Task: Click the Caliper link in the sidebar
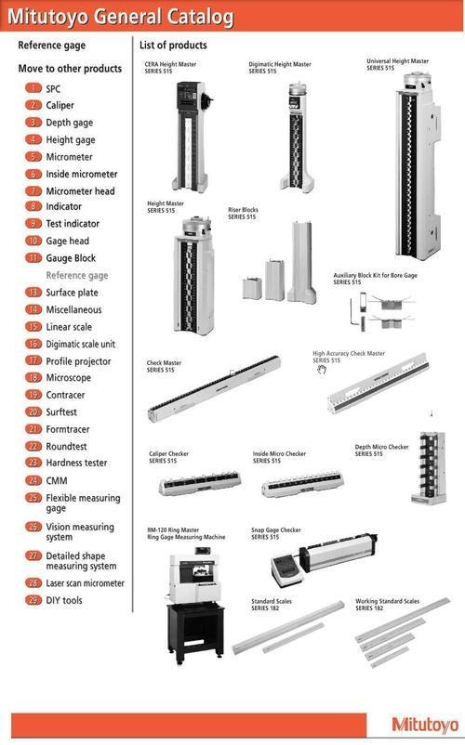point(60,105)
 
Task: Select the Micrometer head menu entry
point(80,191)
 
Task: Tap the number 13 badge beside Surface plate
point(33,293)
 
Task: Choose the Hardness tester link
point(76,463)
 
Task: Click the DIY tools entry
point(64,600)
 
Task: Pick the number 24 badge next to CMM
point(33,480)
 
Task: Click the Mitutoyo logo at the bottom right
point(425,725)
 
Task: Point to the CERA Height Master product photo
point(192,137)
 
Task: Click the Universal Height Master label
point(397,65)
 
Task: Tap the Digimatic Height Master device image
point(297,137)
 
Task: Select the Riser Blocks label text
point(243,214)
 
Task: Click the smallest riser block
point(252,288)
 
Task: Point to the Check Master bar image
point(214,388)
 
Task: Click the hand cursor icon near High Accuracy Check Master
point(322,369)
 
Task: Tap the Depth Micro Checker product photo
point(429,467)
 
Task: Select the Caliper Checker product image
point(200,483)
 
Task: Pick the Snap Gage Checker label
point(276,533)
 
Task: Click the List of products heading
point(173,46)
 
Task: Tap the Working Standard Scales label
point(388,605)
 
